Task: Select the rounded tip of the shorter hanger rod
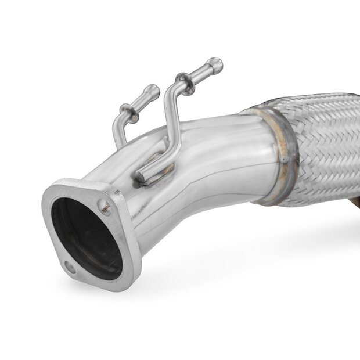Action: tap(153, 89)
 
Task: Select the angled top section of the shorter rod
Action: tap(139, 99)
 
